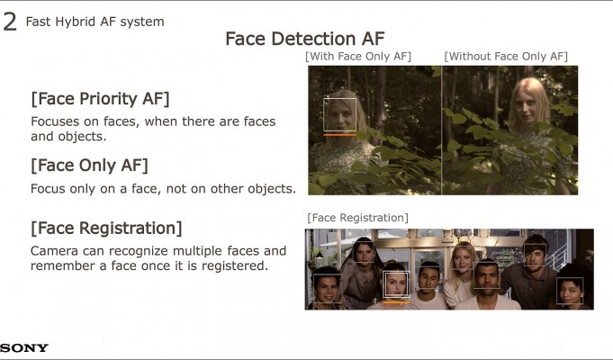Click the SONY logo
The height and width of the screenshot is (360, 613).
click(23, 347)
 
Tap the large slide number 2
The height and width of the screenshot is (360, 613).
click(9, 22)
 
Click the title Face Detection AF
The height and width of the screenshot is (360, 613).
click(305, 39)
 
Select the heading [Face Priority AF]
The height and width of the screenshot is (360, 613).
click(100, 98)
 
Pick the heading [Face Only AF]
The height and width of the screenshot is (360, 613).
click(89, 166)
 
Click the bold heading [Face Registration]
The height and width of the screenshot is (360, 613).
click(106, 229)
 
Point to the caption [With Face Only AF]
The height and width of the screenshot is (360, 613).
click(358, 57)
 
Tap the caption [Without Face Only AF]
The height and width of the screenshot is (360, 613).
click(506, 57)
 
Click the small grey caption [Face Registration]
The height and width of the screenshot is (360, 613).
click(357, 217)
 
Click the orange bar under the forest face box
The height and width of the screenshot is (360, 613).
click(339, 135)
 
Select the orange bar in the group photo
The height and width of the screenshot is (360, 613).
click(396, 301)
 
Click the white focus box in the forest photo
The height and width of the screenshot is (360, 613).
click(339, 98)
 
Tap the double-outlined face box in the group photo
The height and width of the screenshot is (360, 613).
click(396, 272)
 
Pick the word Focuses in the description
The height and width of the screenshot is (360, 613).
click(55, 121)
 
